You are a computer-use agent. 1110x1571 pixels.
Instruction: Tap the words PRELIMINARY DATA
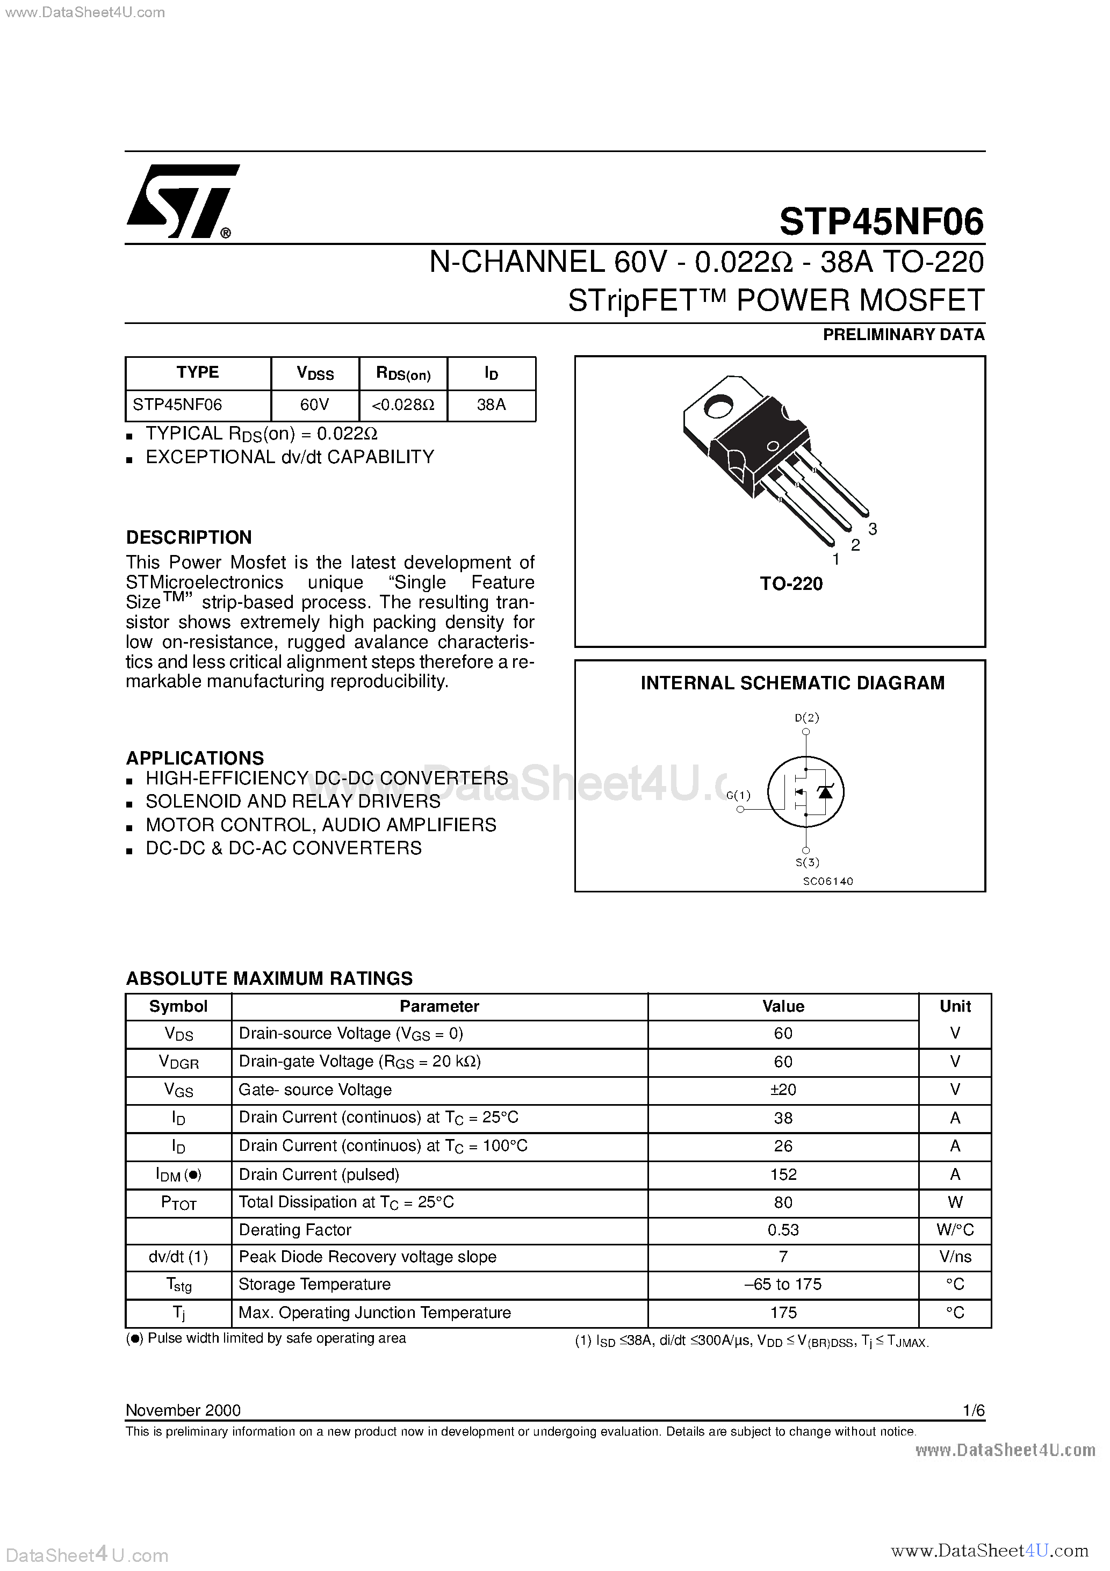(903, 335)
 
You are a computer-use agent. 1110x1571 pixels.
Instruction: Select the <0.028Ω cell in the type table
(403, 405)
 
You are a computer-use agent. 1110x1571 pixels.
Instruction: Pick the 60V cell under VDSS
(315, 405)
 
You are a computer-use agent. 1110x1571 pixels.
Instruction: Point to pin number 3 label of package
(873, 529)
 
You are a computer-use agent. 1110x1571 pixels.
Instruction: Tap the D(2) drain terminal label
(807, 718)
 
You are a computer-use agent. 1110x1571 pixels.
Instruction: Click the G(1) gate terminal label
(738, 795)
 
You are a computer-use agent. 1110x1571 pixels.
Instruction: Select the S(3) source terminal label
(807, 862)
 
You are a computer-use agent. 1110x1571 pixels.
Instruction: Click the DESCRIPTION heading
(189, 537)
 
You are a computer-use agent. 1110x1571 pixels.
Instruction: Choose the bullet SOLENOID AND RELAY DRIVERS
(293, 801)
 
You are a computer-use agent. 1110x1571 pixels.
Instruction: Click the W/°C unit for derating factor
(955, 1230)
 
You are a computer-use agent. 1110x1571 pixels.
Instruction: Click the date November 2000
(183, 1410)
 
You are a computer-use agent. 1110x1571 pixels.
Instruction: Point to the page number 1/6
(973, 1410)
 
